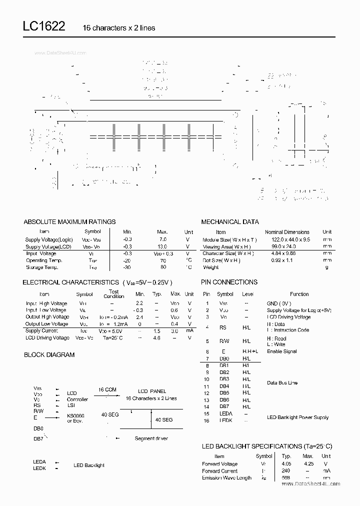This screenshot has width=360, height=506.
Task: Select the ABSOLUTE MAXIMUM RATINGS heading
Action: point(69,221)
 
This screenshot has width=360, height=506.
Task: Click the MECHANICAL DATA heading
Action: point(230,221)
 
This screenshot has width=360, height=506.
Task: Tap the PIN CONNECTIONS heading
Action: point(229,282)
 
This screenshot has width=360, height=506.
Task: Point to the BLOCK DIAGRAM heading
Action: point(49,354)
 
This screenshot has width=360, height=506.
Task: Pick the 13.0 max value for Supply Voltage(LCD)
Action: point(162,246)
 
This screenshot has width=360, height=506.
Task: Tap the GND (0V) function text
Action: point(279,303)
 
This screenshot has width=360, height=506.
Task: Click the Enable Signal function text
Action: point(281,351)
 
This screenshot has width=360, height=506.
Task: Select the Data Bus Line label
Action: point(282,382)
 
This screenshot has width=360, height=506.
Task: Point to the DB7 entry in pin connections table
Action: point(224,407)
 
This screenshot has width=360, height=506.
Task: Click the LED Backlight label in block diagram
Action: point(89,465)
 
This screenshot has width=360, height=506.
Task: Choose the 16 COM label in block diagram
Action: point(107,389)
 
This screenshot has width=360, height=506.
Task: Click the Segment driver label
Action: point(151,438)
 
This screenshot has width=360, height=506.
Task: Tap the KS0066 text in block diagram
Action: point(76,415)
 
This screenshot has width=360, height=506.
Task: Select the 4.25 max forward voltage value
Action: point(308,463)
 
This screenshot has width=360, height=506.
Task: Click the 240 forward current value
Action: point(286,470)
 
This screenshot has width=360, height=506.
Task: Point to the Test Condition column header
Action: point(113,294)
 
